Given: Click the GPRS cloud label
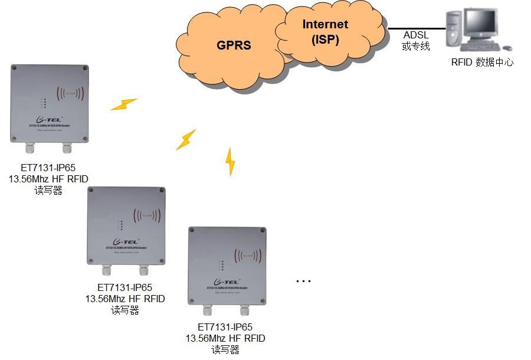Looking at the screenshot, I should [x=234, y=45].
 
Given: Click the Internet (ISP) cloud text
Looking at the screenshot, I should [x=325, y=32].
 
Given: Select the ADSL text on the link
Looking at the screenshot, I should [x=416, y=35].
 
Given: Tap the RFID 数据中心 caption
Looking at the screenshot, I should [x=482, y=62].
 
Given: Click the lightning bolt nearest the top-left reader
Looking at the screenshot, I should [x=124, y=104].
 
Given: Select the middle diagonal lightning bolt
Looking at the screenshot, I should [x=186, y=140].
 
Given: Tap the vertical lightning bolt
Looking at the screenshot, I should [x=231, y=162].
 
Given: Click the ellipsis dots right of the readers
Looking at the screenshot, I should [x=303, y=281].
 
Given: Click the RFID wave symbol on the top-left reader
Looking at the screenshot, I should [x=70, y=93].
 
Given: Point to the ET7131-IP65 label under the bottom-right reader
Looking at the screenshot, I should [x=225, y=327].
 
